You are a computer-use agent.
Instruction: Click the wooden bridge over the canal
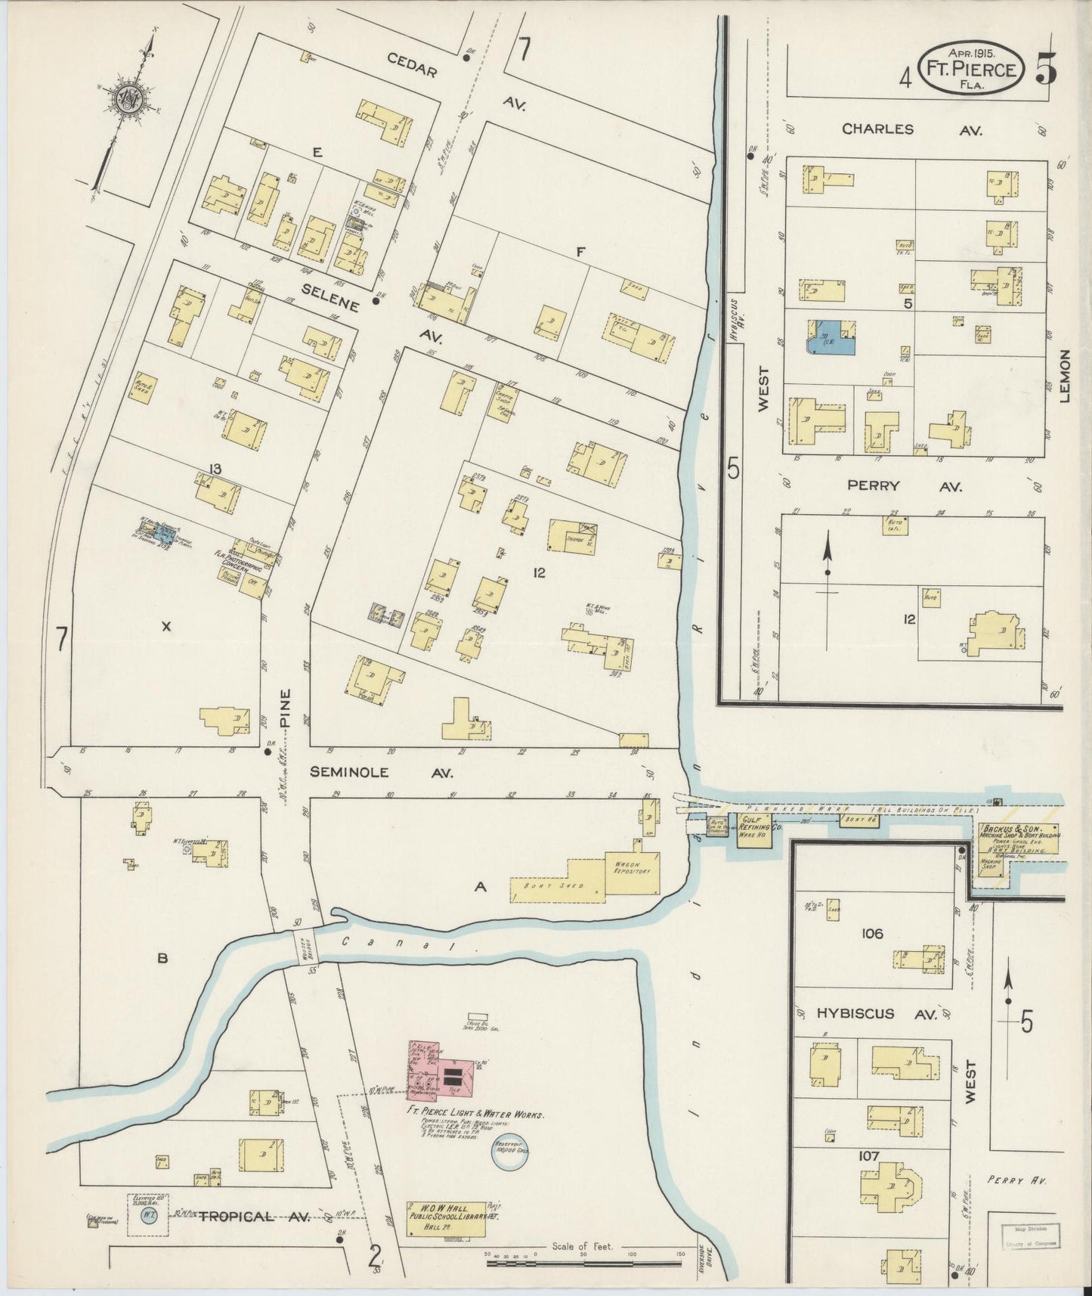305,946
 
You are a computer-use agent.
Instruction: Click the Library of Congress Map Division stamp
1032,1236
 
